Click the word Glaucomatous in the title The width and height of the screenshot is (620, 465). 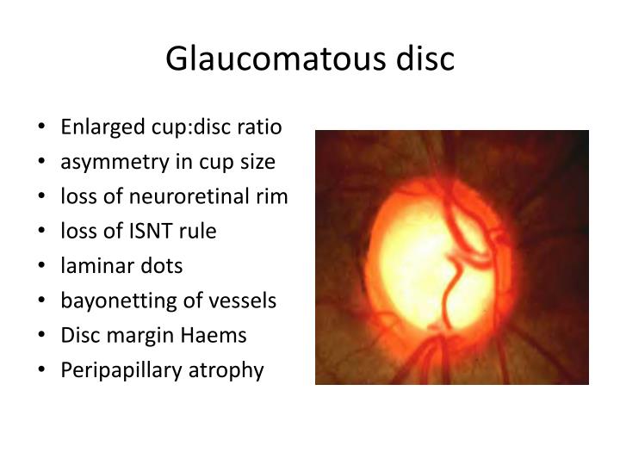coord(261,59)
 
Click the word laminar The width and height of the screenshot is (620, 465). coord(90,265)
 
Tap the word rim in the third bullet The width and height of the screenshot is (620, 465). coord(275,196)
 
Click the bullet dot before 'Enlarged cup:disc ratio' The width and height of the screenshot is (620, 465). coord(44,127)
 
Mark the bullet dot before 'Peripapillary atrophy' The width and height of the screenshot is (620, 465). coord(44,370)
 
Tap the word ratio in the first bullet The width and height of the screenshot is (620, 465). coord(262,127)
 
